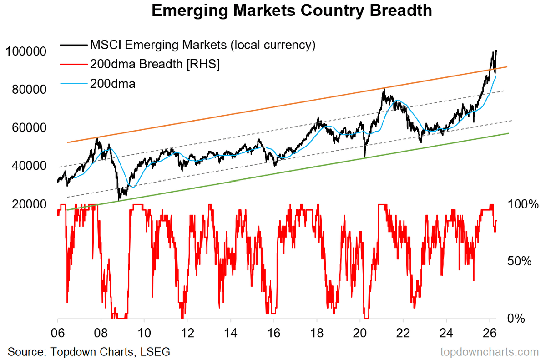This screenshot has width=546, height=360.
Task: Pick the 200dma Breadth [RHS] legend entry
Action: click(155, 65)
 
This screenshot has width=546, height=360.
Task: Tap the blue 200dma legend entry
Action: click(112, 84)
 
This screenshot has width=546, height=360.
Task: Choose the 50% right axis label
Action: click(518, 261)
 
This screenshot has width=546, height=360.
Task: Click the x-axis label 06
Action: click(58, 331)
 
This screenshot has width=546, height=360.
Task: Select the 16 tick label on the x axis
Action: click(273, 331)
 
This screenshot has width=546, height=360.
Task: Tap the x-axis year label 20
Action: click(360, 331)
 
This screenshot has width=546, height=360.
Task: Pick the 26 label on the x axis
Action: click(490, 331)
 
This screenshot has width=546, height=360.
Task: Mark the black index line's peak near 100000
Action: click(496, 51)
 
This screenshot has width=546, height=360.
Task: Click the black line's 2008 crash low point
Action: click(119, 199)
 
